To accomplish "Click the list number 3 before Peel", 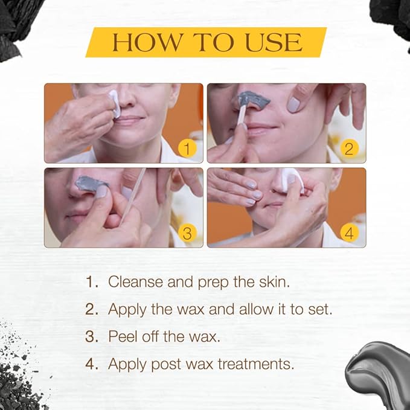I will (x=91, y=337).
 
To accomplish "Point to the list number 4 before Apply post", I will (x=91, y=364).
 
